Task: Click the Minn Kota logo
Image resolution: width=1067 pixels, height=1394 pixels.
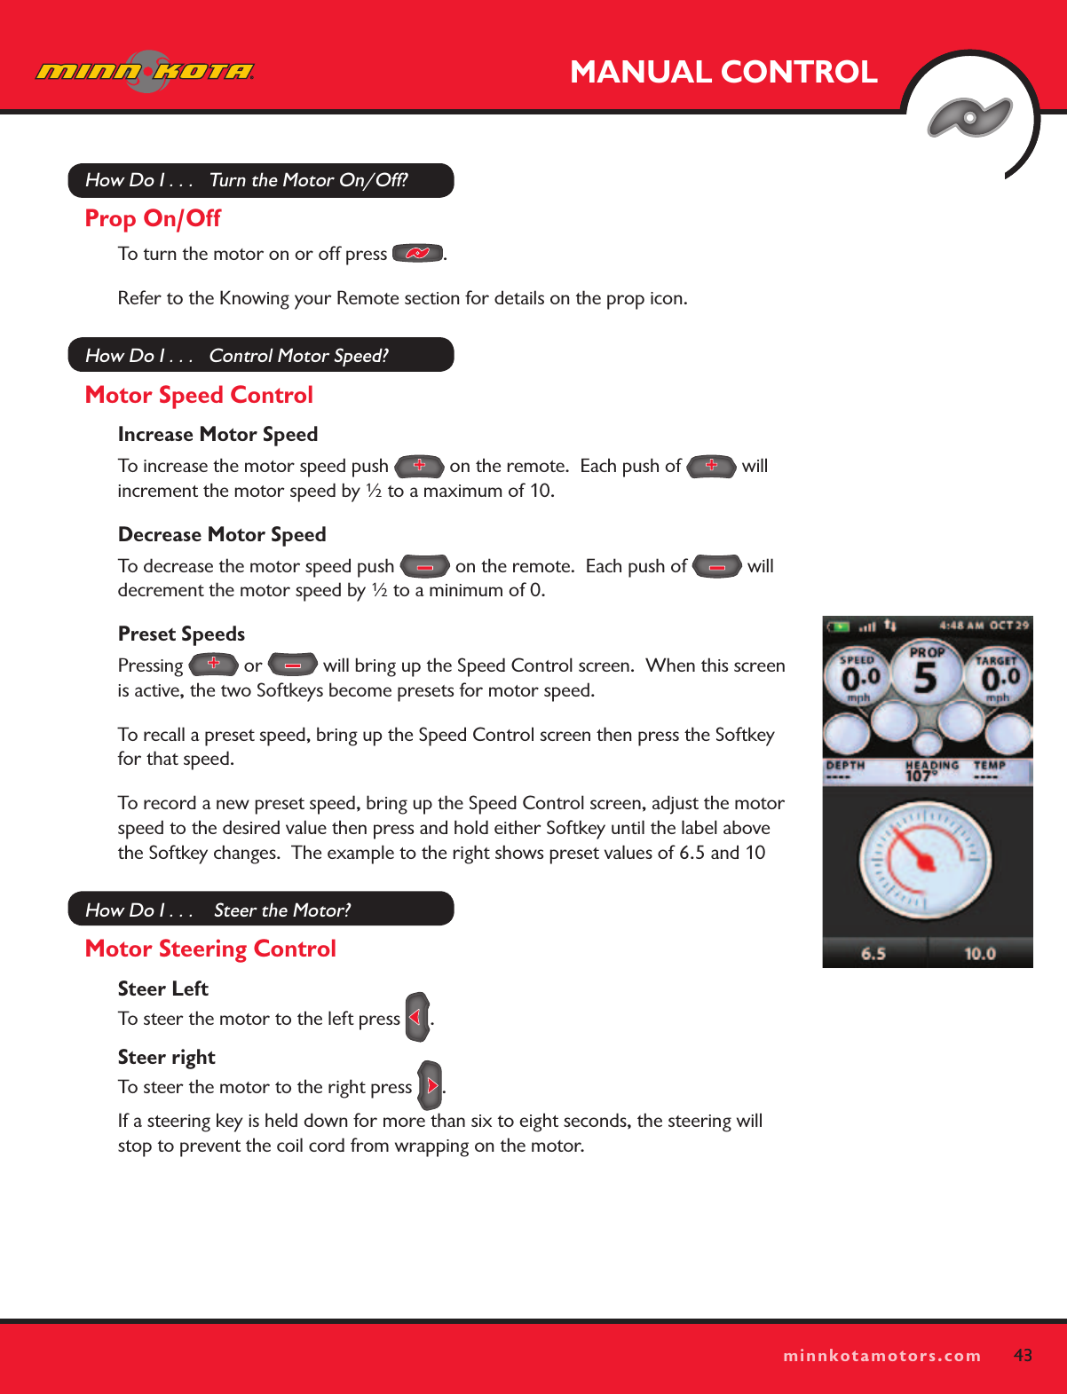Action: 145,72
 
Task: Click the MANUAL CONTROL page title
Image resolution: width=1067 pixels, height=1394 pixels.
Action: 723,72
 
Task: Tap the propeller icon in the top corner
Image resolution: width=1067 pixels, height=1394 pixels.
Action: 969,117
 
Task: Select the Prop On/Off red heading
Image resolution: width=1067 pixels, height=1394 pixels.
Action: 153,218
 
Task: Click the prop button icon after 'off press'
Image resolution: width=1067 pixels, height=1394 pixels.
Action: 417,254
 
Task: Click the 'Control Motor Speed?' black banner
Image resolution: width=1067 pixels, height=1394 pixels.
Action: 261,355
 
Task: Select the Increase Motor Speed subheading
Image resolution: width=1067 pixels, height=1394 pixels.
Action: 217,434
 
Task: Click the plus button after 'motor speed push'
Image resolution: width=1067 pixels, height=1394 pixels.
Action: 419,466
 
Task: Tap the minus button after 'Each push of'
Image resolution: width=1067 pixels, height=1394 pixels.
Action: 716,566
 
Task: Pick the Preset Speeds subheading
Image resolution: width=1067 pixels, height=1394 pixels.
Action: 181,634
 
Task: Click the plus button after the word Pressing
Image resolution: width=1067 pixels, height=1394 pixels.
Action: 213,664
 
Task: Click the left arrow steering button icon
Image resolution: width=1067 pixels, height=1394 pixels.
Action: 416,1017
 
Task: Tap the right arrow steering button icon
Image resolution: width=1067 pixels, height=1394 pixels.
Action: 431,1085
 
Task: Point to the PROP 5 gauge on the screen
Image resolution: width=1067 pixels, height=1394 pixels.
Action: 926,674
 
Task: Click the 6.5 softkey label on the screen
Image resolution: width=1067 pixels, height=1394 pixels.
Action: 873,954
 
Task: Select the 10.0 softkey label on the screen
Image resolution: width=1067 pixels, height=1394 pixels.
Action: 980,954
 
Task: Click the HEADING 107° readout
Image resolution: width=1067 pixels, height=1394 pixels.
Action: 930,770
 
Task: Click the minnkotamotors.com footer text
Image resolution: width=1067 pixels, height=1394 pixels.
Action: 882,1356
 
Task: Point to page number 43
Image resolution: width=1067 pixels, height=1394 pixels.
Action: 1023,1355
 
